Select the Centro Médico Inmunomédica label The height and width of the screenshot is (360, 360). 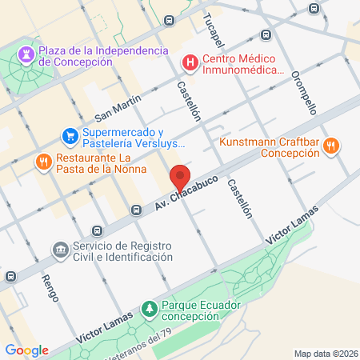(x=243, y=64)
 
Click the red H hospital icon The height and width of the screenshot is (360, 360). (x=190, y=62)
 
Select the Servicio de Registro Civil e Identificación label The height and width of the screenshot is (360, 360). (x=122, y=251)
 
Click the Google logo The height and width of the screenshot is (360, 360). (x=26, y=350)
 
